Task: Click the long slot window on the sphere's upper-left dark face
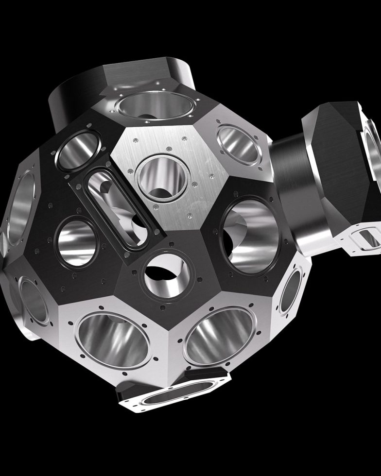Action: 116,206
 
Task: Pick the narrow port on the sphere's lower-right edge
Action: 290,291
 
